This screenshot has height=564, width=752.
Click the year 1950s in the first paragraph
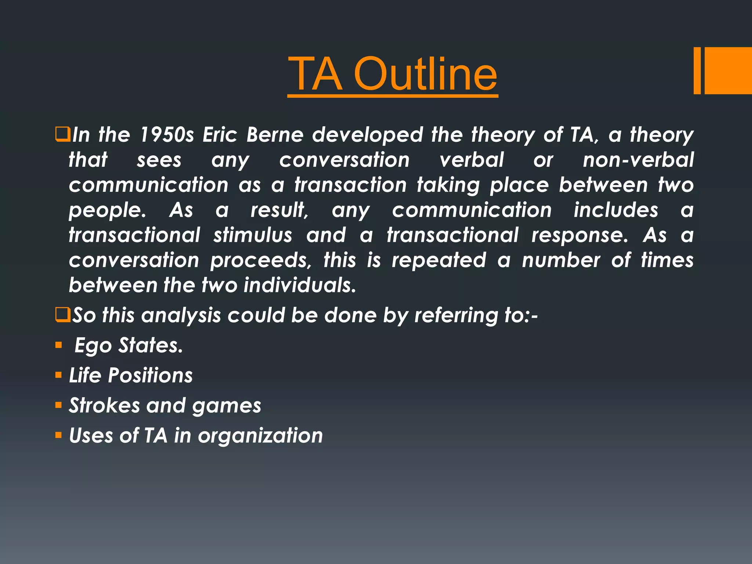point(167,134)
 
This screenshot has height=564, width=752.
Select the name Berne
point(275,134)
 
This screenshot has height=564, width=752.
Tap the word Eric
point(220,134)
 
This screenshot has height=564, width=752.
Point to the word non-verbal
point(638,160)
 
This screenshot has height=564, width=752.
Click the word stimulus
point(253,235)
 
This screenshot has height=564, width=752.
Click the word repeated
point(439,260)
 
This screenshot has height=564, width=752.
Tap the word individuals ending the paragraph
point(300,285)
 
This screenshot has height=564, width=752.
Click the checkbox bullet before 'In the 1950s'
point(62,134)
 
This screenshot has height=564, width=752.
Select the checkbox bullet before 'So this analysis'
point(62,315)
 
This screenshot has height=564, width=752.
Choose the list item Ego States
point(129,346)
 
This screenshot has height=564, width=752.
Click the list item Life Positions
point(131,375)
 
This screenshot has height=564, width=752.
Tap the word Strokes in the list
point(104,405)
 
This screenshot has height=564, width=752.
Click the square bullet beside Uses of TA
point(58,435)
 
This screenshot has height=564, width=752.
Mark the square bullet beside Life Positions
point(58,375)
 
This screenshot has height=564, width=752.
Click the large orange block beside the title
point(728,70)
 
